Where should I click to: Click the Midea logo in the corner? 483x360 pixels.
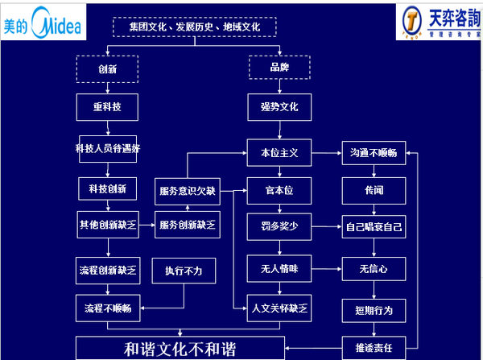(x=42, y=25)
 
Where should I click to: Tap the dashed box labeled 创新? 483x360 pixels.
(x=107, y=68)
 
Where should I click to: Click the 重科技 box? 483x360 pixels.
(x=107, y=106)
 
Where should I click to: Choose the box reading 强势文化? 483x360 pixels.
(x=279, y=106)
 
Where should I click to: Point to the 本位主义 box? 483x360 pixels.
(x=279, y=151)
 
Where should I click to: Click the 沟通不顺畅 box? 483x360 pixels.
(x=374, y=151)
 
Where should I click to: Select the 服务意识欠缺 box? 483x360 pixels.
(x=188, y=192)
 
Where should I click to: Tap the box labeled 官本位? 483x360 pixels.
(x=279, y=192)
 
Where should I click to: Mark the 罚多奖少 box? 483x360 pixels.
(x=279, y=227)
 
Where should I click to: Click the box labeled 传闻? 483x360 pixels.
(x=374, y=192)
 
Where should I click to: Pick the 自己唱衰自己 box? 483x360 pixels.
(x=374, y=227)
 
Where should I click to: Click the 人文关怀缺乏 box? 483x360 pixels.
(x=279, y=308)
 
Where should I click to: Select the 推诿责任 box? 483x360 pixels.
(x=374, y=348)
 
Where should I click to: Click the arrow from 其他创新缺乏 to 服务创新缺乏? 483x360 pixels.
(x=147, y=225)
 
